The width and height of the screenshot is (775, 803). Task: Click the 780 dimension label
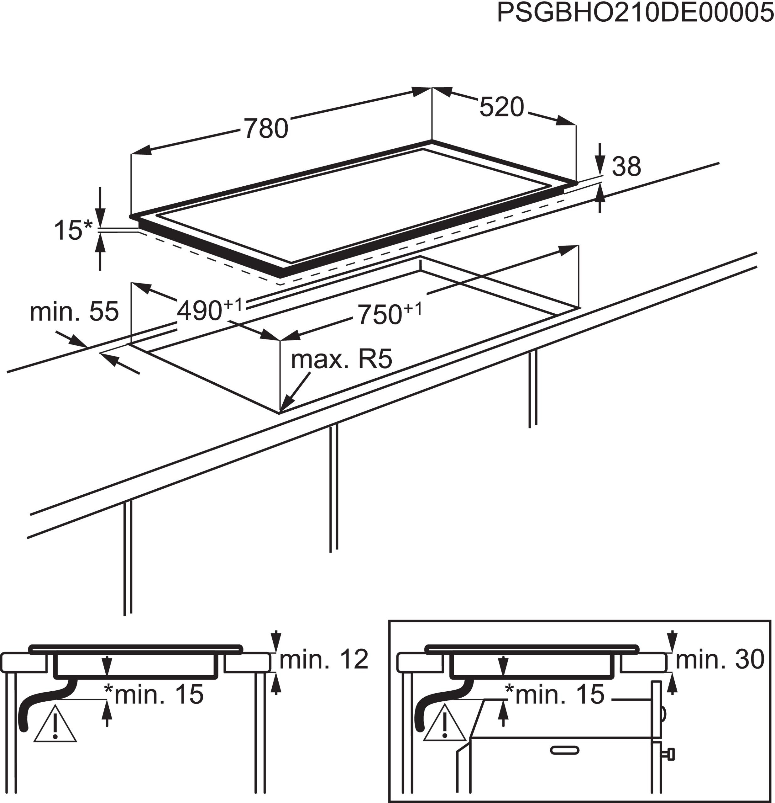266,128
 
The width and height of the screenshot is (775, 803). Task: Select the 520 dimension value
501,107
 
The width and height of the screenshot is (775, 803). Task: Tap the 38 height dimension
626,167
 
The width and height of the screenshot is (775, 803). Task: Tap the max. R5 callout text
341,359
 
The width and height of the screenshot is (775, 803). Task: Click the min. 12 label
323,660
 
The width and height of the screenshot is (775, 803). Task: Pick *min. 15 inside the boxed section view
555,694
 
